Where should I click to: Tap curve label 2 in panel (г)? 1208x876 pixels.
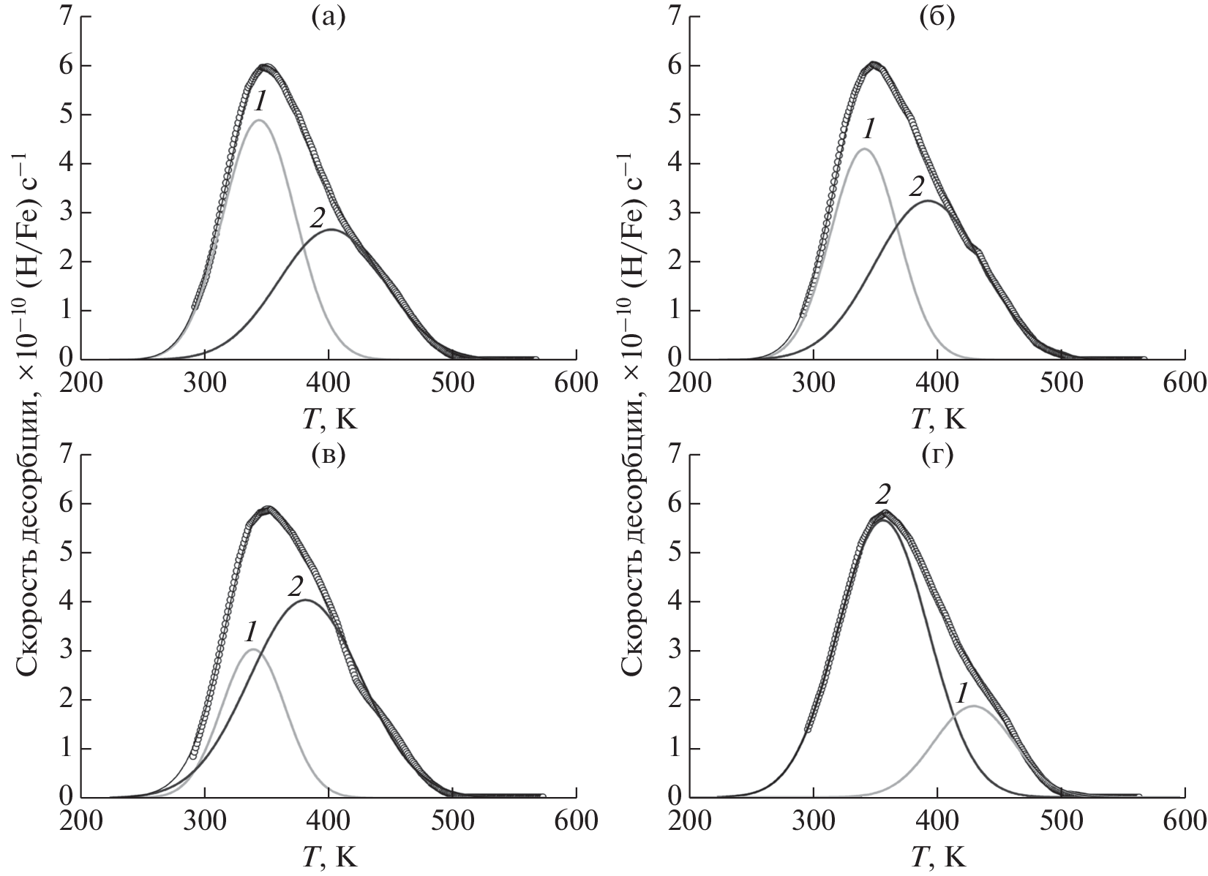883,496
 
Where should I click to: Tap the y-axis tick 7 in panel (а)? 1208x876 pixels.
65,16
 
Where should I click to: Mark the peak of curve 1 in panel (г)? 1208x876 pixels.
974,706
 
